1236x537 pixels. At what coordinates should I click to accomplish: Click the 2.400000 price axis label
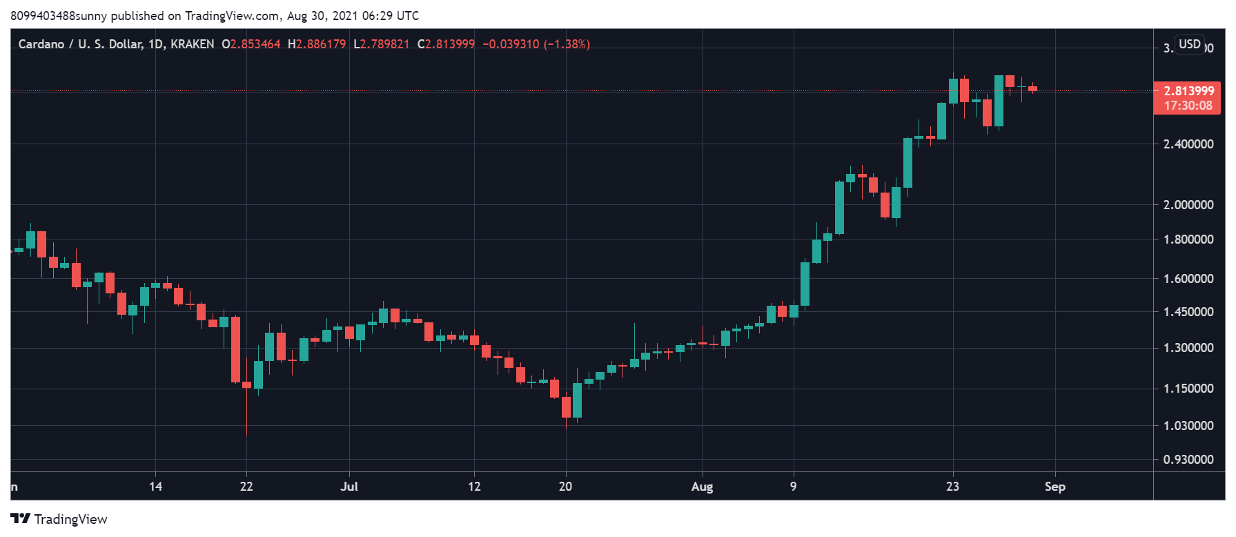coord(1188,144)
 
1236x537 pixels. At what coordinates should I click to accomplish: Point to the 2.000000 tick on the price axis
coord(1188,205)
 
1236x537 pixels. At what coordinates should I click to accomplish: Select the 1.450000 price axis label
coord(1188,312)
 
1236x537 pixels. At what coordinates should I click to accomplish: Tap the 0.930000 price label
coord(1188,460)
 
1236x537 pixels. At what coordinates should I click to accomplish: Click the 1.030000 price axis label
coord(1188,426)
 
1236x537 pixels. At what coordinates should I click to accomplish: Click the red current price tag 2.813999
coord(1188,91)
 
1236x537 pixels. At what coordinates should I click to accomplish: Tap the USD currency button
coord(1190,44)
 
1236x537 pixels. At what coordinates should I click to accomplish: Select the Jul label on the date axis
coord(349,487)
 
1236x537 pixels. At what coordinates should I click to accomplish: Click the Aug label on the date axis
coord(702,487)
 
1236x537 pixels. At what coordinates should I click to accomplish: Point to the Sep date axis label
coord(1054,487)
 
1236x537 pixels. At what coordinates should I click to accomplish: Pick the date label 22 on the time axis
coord(246,487)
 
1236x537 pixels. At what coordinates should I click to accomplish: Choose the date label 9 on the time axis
coord(793,487)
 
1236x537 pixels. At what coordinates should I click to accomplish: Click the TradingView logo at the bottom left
coord(59,519)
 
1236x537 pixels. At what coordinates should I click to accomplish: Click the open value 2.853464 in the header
coord(255,44)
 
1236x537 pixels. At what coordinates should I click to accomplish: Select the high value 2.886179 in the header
coord(321,44)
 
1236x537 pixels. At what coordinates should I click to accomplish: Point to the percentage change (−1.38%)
coord(567,44)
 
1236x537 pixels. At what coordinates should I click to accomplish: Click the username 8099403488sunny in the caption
coord(59,16)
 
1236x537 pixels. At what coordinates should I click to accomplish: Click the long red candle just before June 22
coord(235,349)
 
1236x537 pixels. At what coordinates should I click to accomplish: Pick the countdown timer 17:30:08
coord(1188,106)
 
